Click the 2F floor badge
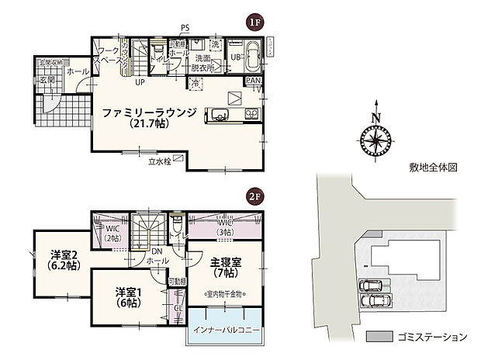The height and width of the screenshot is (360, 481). tap(253, 197)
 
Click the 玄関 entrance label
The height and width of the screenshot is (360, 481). tap(47, 81)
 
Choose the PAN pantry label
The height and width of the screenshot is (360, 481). tap(253, 81)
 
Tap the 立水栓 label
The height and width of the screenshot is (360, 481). tap(159, 163)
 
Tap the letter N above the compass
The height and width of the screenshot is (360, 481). tap(376, 118)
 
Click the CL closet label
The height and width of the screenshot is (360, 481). tap(177, 308)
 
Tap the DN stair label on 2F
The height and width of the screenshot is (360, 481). tap(157, 251)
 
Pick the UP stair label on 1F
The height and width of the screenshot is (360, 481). tap(140, 81)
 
